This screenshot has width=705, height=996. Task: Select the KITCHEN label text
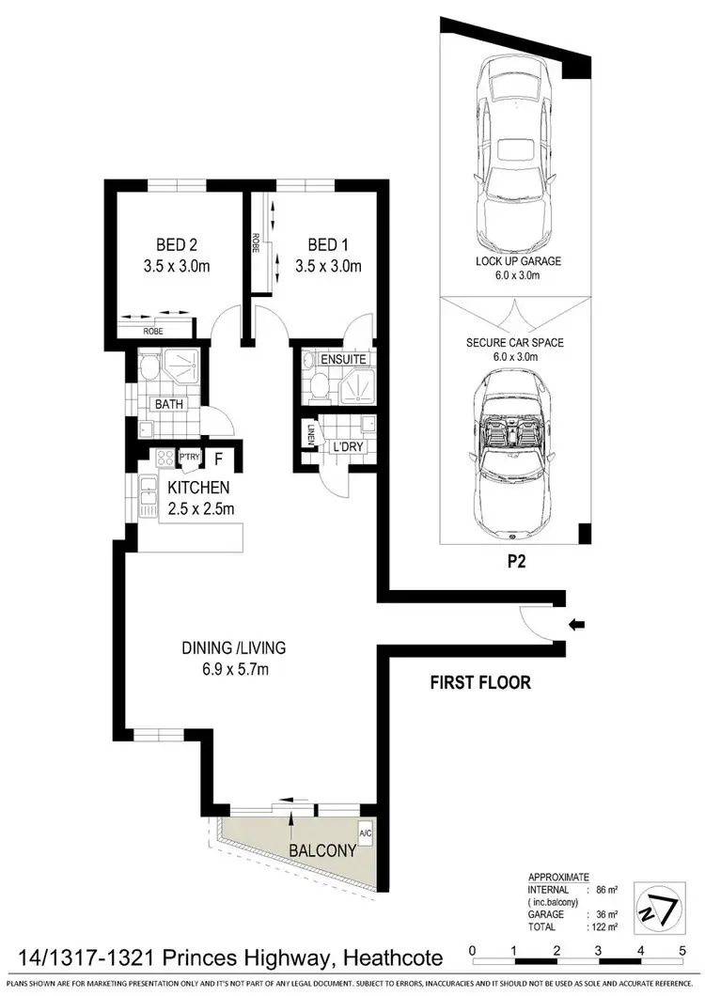pos(198,488)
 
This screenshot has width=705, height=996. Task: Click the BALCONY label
pos(322,851)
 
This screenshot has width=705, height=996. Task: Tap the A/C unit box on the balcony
pos(366,833)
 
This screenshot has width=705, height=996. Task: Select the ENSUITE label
pos(343,360)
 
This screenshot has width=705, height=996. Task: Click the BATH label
pos(169,405)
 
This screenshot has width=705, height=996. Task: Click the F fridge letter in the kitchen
pos(218,459)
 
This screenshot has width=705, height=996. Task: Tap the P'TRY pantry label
pos(190,458)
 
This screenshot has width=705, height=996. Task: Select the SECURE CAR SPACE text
pos(515,343)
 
